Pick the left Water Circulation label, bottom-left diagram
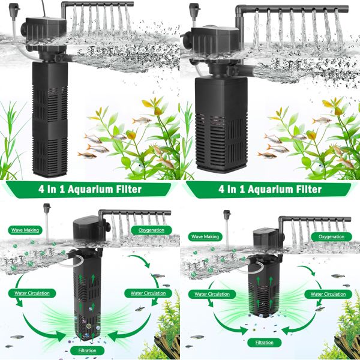pos(29,293)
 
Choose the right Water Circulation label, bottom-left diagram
pos(144,293)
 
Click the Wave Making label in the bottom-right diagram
pos(205,237)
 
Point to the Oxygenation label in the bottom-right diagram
pos(331,237)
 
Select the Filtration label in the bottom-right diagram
pos(264,343)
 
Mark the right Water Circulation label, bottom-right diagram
pos(328,294)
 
